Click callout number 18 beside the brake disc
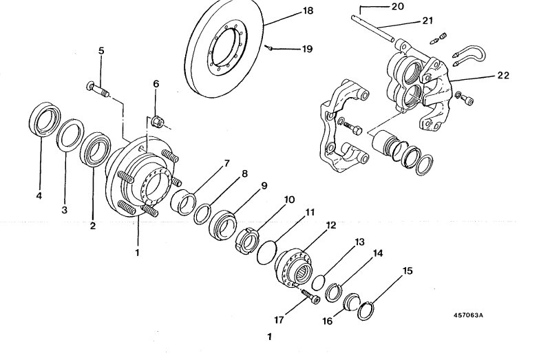click(308, 10)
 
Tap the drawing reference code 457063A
click(468, 315)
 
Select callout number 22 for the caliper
click(503, 75)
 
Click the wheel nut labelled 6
click(158, 121)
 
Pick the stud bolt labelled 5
click(98, 89)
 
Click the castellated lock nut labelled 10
click(248, 240)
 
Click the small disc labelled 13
click(318, 282)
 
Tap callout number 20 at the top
click(398, 6)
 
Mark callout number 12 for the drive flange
click(330, 226)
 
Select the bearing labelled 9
click(223, 225)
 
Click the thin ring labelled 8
click(202, 213)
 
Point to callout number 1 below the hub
click(137, 253)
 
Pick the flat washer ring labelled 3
click(70, 135)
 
